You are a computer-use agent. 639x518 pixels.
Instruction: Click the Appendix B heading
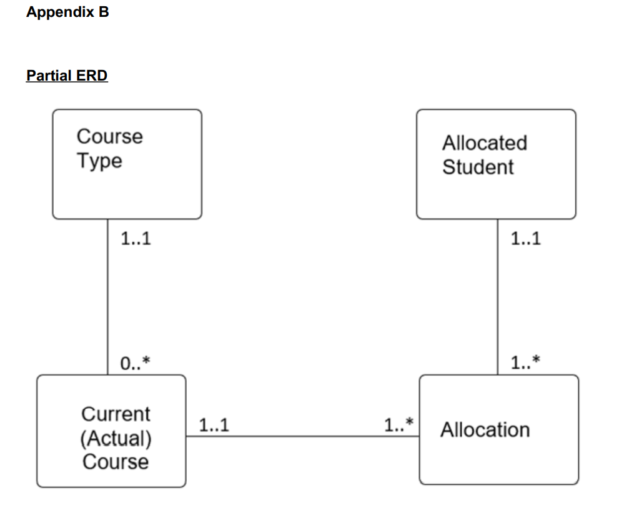(67, 12)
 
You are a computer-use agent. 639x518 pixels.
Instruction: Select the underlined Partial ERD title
(67, 76)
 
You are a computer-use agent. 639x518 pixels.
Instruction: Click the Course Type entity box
(127, 164)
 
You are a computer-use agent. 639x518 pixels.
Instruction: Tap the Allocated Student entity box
(496, 164)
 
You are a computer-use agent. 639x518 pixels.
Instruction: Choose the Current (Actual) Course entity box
(111, 431)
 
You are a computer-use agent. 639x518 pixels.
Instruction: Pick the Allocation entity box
(498, 430)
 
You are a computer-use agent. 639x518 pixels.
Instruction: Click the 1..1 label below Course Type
(136, 239)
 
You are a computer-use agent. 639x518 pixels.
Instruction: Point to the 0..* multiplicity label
(135, 363)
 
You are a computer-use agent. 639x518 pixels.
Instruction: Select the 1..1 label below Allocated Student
(525, 239)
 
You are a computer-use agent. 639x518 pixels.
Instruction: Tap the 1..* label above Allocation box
(525, 363)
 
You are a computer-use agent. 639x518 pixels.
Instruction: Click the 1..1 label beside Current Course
(214, 426)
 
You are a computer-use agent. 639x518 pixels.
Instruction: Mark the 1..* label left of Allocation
(399, 426)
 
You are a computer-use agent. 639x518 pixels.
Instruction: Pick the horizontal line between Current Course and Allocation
(302, 436)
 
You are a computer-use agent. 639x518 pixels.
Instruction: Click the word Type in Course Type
(99, 161)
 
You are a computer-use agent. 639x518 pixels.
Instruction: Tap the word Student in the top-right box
(478, 167)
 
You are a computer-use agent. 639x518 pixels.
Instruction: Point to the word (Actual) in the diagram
(116, 438)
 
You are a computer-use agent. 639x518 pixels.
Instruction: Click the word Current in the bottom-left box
(116, 414)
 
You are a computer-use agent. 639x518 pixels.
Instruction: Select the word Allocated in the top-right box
(485, 143)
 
